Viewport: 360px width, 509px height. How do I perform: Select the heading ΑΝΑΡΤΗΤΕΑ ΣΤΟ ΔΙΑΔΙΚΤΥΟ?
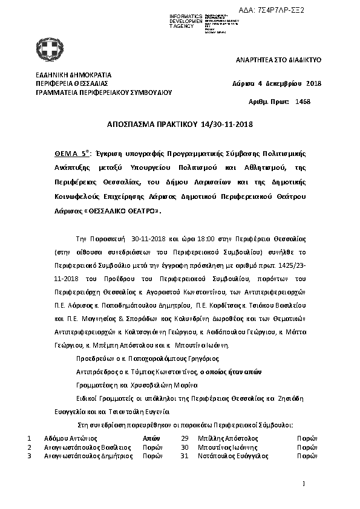[x=278, y=62]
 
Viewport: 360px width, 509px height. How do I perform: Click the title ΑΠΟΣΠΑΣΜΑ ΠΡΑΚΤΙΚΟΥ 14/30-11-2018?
[x=179, y=125]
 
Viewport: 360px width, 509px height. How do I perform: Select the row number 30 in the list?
[x=185, y=446]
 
